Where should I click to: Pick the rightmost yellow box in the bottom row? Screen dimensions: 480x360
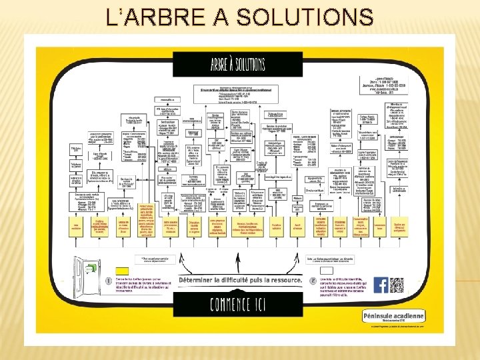[x=400, y=227]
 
